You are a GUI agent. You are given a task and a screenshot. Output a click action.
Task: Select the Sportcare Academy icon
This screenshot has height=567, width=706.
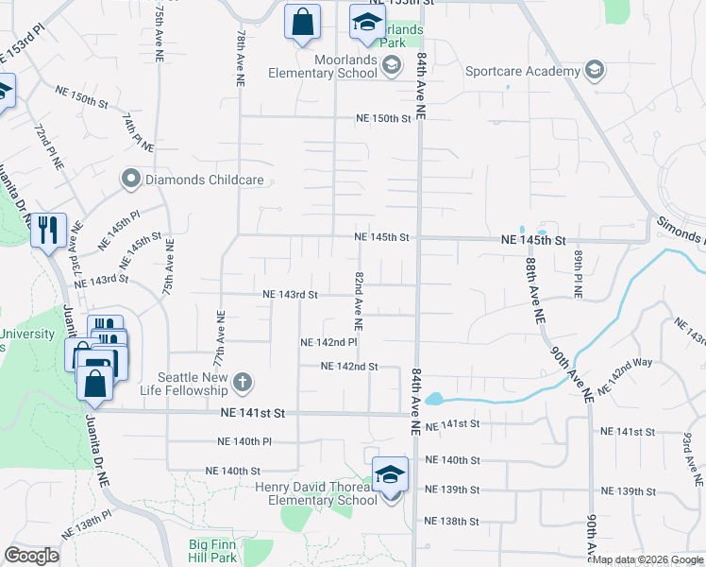coord(595,71)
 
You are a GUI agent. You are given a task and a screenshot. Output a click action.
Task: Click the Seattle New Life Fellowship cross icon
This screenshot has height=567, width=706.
coord(242,382)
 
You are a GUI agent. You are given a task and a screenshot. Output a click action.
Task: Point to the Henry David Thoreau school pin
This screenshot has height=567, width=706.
coord(388,475)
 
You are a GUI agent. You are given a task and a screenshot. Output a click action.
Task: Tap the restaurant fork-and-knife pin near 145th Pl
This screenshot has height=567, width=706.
coord(48,230)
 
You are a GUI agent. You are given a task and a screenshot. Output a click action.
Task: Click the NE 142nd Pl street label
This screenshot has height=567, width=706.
coord(328,342)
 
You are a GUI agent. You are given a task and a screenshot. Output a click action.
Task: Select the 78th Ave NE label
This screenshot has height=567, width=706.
coord(242,59)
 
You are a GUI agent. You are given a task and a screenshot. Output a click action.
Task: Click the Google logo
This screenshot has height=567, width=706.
coord(31,555)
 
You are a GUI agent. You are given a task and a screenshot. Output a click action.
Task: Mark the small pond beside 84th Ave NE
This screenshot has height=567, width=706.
coord(433,399)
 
